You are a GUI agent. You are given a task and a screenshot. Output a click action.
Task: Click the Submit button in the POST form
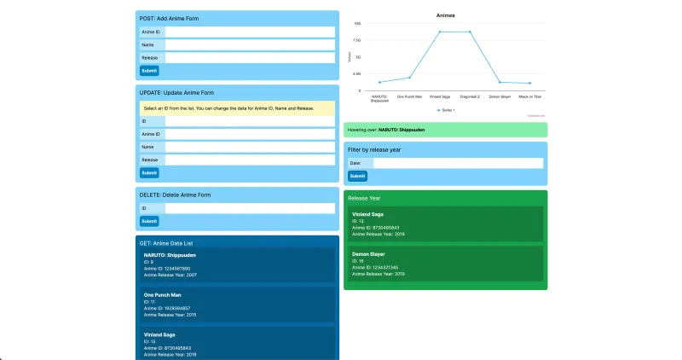click(x=149, y=71)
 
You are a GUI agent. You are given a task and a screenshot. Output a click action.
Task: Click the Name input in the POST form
click(x=250, y=45)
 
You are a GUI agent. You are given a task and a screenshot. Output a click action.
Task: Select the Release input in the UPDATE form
click(x=250, y=160)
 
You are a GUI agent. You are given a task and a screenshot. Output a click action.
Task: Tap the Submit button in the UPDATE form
click(x=149, y=172)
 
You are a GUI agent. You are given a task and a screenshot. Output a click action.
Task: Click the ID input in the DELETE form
click(x=250, y=208)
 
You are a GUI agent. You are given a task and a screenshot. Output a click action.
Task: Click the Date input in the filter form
click(x=458, y=163)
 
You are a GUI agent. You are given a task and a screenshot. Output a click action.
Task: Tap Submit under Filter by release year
click(x=357, y=176)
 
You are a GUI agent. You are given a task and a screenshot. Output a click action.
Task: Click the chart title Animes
click(x=445, y=15)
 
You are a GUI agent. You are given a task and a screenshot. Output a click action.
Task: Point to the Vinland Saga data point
click(x=440, y=32)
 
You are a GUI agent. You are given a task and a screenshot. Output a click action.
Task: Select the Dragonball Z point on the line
click(x=470, y=32)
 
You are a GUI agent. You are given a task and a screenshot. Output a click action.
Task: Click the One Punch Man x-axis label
click(x=409, y=97)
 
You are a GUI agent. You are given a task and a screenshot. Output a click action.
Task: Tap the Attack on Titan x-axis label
click(x=529, y=97)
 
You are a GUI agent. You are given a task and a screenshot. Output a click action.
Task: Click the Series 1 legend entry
click(x=445, y=110)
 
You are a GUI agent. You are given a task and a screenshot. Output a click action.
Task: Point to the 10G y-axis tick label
click(x=357, y=24)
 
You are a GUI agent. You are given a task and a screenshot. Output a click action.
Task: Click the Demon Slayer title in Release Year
click(x=370, y=254)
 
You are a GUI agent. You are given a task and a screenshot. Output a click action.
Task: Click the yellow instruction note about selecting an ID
click(x=237, y=108)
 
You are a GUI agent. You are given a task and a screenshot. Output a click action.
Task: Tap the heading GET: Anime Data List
click(x=171, y=243)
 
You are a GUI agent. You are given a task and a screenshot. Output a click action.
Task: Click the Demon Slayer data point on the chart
click(x=500, y=83)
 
